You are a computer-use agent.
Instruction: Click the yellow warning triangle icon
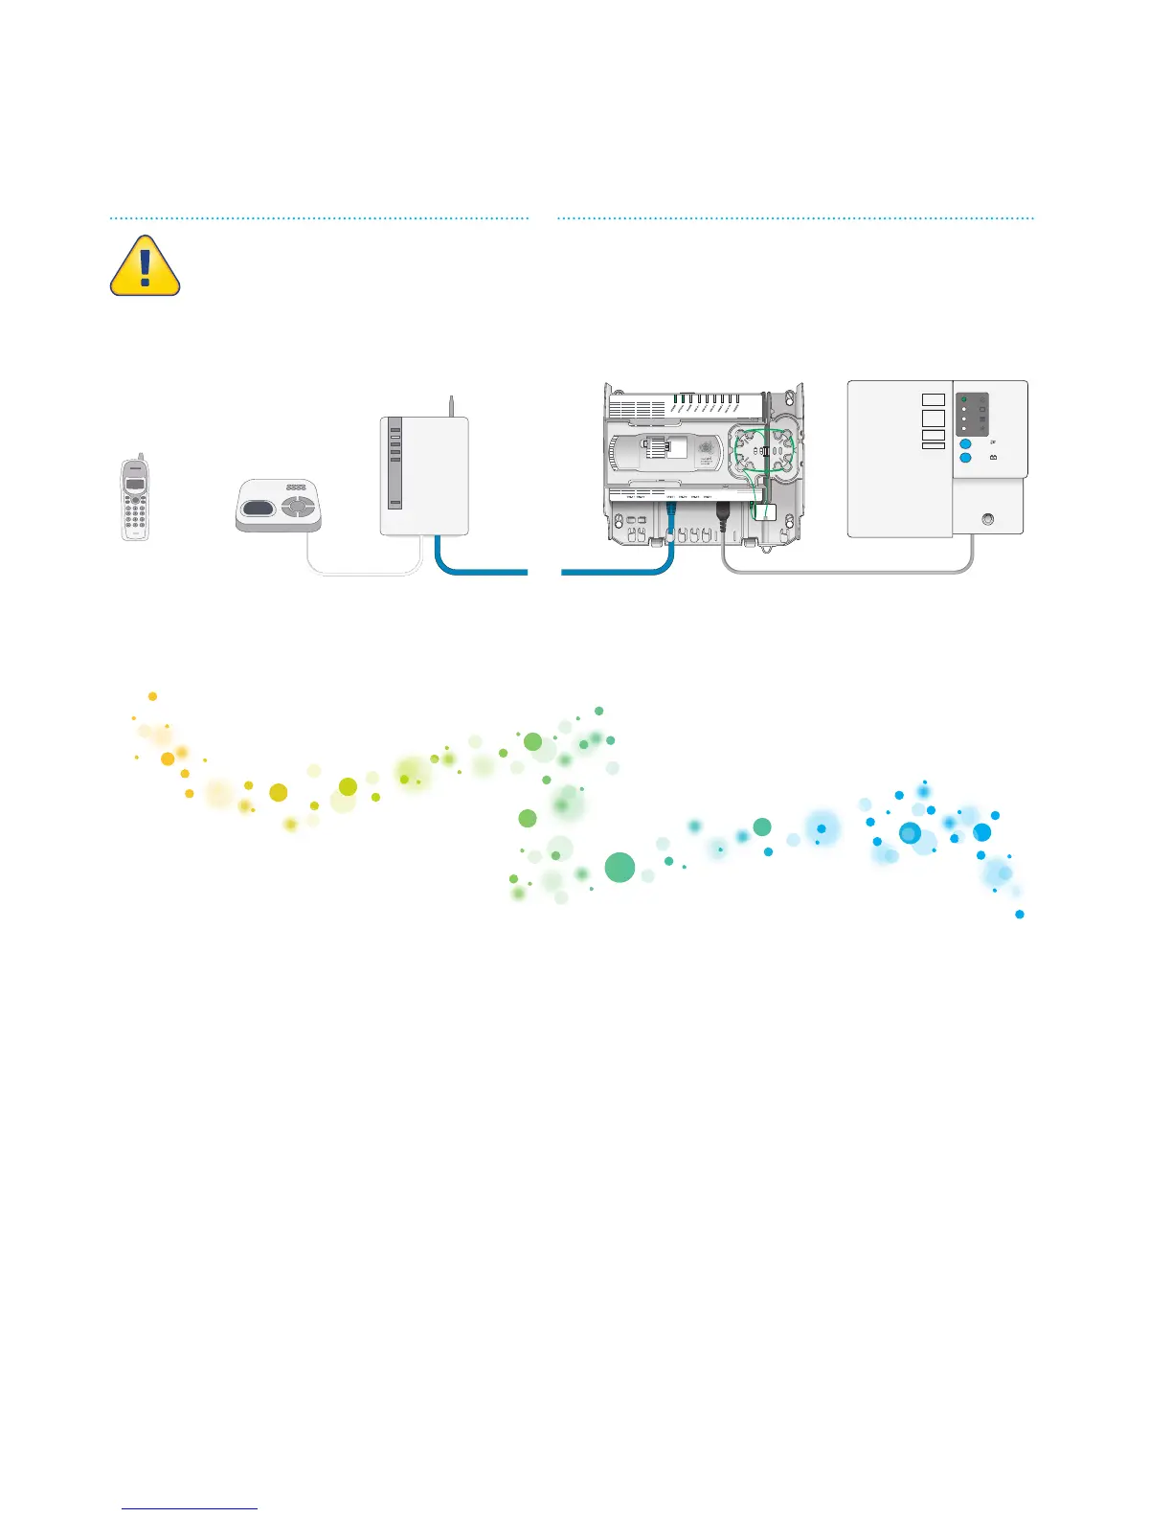pyautogui.click(x=145, y=266)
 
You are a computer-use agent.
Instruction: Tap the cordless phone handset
pyautogui.click(x=135, y=500)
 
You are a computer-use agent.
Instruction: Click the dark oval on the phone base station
pyautogui.click(x=258, y=507)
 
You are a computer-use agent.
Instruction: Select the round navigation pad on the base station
pyautogui.click(x=298, y=505)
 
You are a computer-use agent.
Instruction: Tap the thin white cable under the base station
pyautogui.click(x=364, y=574)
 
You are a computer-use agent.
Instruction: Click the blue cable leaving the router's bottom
pyautogui.click(x=479, y=572)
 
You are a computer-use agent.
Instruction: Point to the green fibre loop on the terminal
pyautogui.click(x=763, y=454)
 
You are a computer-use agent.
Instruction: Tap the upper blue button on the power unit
pyautogui.click(x=965, y=443)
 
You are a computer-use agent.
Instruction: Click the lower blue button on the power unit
pyautogui.click(x=965, y=459)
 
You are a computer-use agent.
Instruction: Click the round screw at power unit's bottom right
pyautogui.click(x=988, y=519)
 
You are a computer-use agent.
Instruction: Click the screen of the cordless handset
pyautogui.click(x=135, y=483)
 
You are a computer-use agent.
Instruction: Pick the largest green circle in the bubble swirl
pyautogui.click(x=620, y=868)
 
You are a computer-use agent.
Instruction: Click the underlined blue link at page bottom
pyautogui.click(x=190, y=1508)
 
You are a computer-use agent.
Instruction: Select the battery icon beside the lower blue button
pyautogui.click(x=993, y=459)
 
